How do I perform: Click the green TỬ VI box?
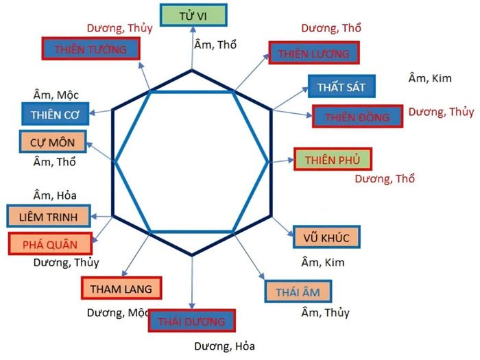coord(193,15)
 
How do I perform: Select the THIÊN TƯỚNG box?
coord(91,49)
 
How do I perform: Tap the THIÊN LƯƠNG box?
coord(314,53)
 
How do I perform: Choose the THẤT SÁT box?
coord(341,86)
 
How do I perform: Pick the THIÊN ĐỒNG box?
coord(357,117)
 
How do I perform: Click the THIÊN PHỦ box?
coord(333,159)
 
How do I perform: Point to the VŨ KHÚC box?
coord(326,237)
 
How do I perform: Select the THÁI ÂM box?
coord(298,291)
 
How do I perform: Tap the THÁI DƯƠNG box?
coord(191,321)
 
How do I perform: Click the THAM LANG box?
coord(121,288)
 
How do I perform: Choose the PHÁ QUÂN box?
coord(50,244)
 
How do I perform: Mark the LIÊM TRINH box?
coord(49,216)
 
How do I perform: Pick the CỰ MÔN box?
coord(53,142)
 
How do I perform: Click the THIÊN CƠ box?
coord(55,114)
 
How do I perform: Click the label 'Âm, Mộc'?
coord(56,95)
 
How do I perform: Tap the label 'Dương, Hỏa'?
coord(224,346)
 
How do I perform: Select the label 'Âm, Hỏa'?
coord(55,195)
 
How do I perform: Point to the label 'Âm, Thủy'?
coord(326,313)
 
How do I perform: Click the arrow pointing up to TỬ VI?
coord(193,49)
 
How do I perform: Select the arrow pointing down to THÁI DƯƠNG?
coord(192,282)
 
